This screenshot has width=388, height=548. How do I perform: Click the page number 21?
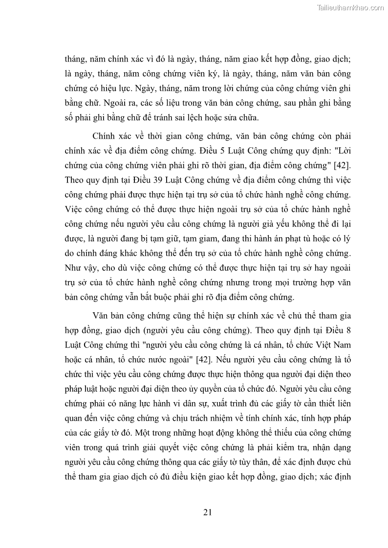tap(207, 512)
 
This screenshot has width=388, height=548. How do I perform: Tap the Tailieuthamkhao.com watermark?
tap(350, 7)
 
